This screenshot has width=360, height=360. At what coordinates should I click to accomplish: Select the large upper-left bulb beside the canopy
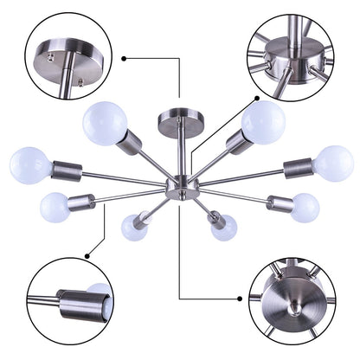105,123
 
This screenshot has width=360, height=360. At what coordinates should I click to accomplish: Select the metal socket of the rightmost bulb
297,164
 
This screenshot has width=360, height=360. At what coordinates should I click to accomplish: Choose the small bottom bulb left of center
134,228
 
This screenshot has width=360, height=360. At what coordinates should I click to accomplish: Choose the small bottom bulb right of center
223,228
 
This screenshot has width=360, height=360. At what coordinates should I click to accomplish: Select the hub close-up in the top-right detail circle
291,61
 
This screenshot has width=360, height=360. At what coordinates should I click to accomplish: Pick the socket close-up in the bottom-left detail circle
78,304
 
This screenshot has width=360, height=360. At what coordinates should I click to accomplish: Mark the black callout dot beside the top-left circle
125,58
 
